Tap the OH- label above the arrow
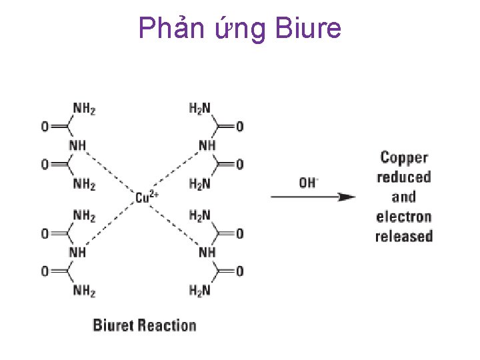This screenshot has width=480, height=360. point(308,182)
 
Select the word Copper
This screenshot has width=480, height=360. point(404,158)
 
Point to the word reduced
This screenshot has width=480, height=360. point(404,177)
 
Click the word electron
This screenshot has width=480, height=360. point(404,217)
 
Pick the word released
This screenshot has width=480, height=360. point(404,236)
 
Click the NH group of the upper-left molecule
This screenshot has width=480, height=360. point(77,145)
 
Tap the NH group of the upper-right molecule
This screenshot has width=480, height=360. point(207,145)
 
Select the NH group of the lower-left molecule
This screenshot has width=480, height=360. point(77,252)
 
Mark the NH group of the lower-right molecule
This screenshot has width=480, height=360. point(207,252)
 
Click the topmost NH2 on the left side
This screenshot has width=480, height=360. point(84,109)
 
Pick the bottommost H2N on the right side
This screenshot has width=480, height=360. point(200,289)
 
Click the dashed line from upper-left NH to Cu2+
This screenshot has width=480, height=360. point(110,170)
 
